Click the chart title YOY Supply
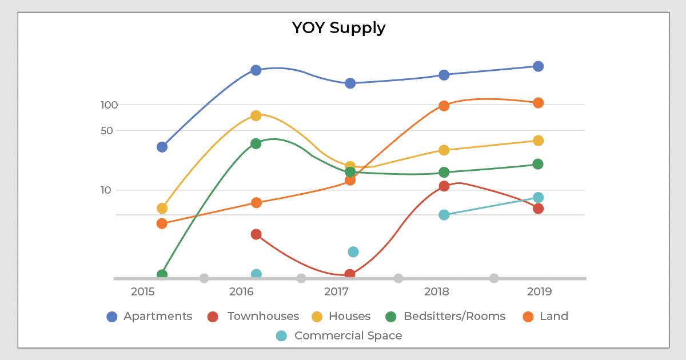[338, 27]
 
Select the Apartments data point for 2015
[162, 147]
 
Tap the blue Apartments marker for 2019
[538, 66]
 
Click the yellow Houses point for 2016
[256, 115]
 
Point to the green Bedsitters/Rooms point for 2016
[256, 143]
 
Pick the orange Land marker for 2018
[444, 106]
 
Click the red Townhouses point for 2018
[444, 186]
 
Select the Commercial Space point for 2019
[538, 198]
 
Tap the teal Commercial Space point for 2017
[353, 252]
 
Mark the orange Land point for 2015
[162, 223]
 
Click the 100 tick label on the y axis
[109, 105]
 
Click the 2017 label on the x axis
[337, 292]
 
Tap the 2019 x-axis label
[539, 292]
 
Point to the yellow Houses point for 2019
[538, 141]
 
